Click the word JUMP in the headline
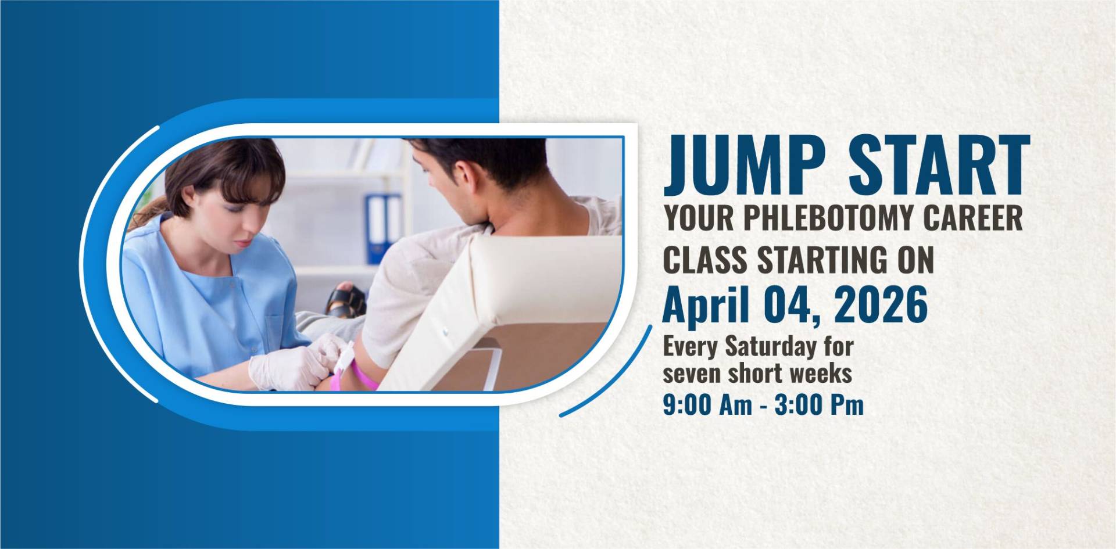point(745,165)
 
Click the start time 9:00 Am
point(707,406)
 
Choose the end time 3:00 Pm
point(820,406)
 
